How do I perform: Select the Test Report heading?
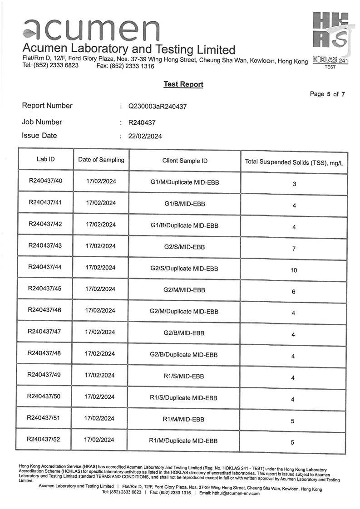point(183,84)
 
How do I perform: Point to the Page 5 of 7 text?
point(327,94)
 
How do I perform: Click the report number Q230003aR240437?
point(158,107)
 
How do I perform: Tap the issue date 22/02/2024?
point(145,136)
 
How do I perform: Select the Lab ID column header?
point(46,160)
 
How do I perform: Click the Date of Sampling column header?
point(101,160)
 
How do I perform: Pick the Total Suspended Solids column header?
point(294,162)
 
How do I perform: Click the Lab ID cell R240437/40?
point(45,181)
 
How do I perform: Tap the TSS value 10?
point(294,270)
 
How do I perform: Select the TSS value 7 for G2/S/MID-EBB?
point(294,249)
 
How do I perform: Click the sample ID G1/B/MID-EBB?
point(185,204)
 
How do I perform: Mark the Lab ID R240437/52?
point(44,439)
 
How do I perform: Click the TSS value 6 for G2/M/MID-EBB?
point(294,292)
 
